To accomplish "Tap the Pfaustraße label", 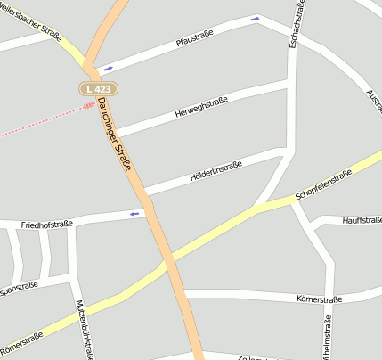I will [195, 40].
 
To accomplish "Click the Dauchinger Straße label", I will [116, 135].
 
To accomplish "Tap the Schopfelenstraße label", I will [323, 185].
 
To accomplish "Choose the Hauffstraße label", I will [362, 219].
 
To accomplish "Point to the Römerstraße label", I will [21, 341].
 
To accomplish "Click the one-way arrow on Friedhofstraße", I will [135, 214].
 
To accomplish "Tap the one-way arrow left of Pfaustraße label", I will [109, 68].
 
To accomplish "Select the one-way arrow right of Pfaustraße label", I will [256, 18].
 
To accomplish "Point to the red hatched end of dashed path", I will [89, 105].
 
